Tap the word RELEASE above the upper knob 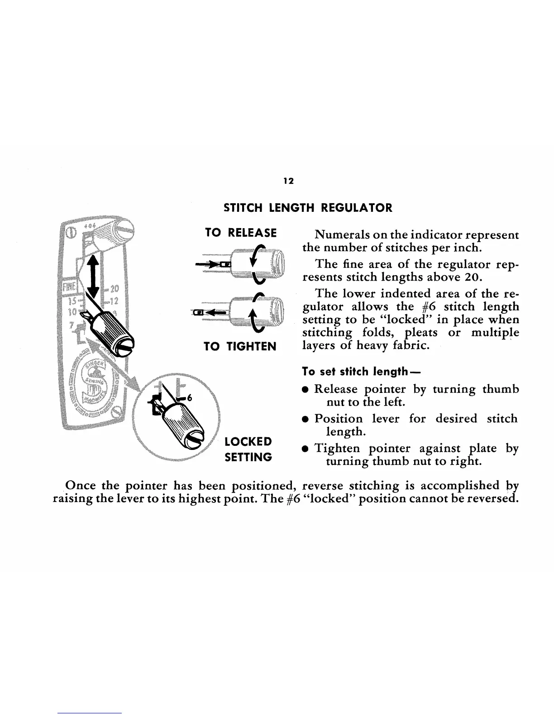point(252,233)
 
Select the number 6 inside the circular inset point(190,398)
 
